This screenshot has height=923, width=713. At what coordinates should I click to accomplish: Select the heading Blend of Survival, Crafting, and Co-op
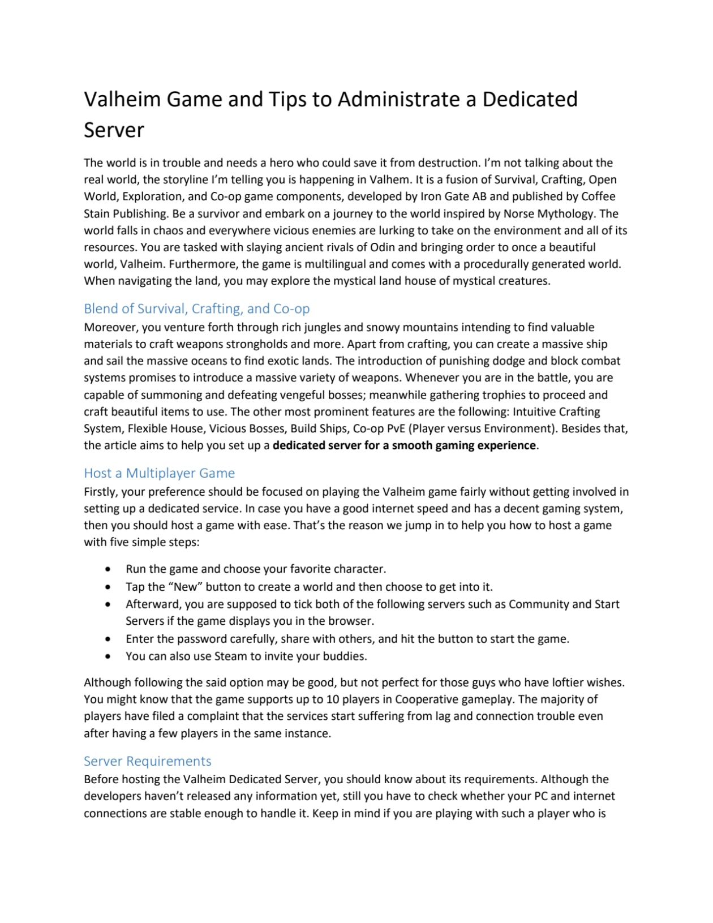196,308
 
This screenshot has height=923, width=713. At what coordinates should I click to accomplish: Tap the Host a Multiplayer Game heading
159,473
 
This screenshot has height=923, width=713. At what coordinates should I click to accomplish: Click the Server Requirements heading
147,761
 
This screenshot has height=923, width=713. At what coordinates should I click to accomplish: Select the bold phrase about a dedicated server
404,445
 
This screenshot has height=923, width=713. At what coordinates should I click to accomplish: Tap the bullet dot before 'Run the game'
108,569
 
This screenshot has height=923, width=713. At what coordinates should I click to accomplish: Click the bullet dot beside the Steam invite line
108,656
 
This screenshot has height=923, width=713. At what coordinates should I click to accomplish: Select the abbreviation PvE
393,428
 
